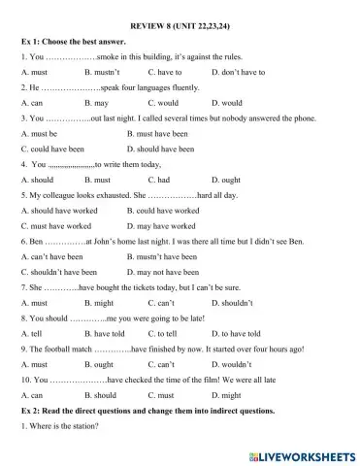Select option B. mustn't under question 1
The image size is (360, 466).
pos(102,72)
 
